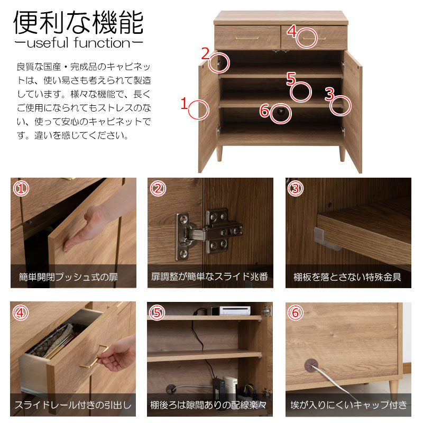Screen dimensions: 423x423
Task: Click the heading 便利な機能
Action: click(x=78, y=23)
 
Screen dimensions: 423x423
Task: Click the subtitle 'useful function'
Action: click(x=78, y=43)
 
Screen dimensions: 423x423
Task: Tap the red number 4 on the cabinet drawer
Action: click(x=291, y=31)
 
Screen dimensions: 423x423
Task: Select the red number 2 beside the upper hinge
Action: click(x=206, y=53)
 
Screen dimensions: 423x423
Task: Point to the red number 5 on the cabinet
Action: click(x=291, y=79)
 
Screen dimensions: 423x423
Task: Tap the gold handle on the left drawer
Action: click(x=247, y=38)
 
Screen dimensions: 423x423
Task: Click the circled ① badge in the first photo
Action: click(x=21, y=189)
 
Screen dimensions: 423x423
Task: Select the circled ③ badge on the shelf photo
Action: click(x=296, y=189)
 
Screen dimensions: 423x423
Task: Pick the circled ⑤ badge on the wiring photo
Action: click(x=157, y=312)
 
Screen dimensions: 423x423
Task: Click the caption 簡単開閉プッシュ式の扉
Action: click(x=68, y=277)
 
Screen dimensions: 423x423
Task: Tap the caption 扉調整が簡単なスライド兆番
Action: click(x=209, y=277)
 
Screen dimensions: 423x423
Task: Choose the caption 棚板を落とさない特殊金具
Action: click(x=347, y=277)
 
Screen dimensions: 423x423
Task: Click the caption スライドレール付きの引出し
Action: click(x=73, y=404)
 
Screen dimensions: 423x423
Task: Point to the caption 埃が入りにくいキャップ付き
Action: click(x=348, y=404)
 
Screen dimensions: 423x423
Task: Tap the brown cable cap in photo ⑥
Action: click(x=311, y=366)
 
